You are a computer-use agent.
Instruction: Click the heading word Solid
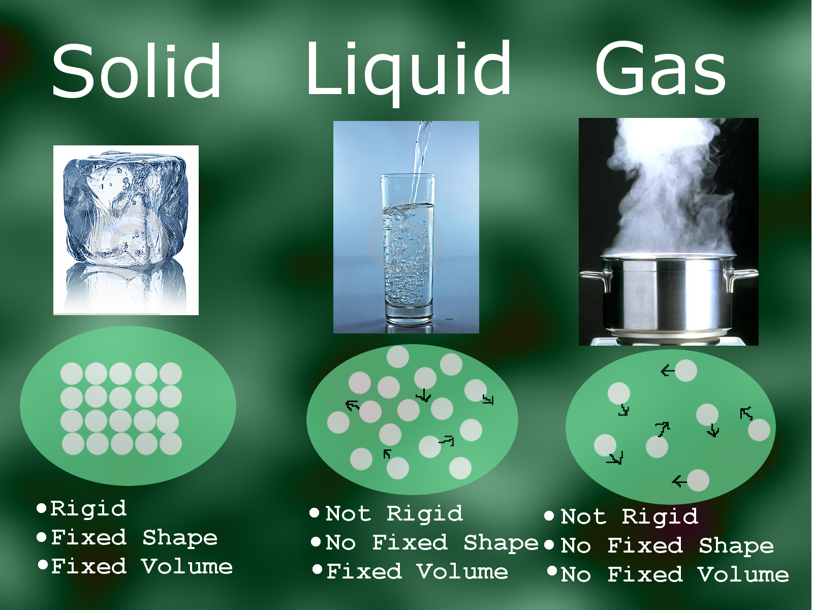[136, 71]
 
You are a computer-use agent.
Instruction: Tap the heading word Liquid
[408, 69]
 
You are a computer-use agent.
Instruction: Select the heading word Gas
[660, 69]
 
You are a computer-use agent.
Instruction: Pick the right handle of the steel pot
[742, 277]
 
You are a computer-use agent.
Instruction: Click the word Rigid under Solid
[88, 509]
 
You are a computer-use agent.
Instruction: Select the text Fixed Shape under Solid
[134, 538]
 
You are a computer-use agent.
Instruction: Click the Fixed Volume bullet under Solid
[141, 567]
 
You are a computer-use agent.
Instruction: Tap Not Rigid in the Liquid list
[394, 514]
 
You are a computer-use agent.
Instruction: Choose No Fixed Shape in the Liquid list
[431, 543]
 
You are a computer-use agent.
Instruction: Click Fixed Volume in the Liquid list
[417, 572]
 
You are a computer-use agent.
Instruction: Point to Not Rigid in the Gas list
[629, 517]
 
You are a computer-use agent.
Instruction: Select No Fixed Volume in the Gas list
[675, 575]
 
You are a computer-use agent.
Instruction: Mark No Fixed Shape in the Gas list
[667, 546]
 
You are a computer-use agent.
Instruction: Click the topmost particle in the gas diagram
[685, 371]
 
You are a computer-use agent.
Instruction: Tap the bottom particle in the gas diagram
[698, 480]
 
